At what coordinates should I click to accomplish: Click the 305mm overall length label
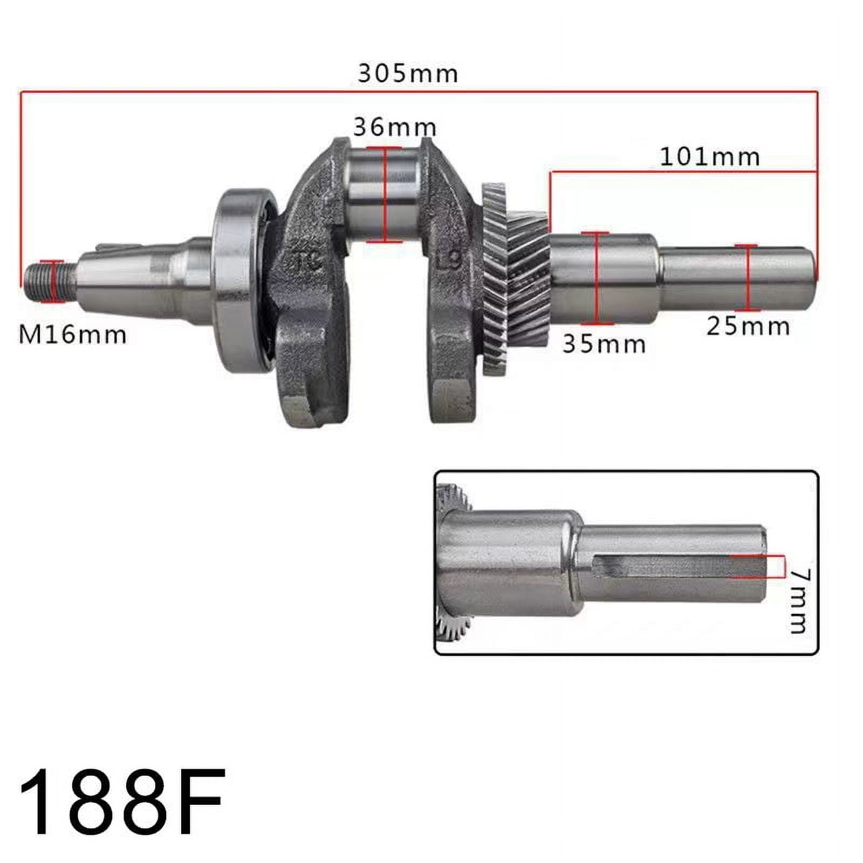click(x=408, y=73)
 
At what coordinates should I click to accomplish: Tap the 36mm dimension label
click(x=395, y=127)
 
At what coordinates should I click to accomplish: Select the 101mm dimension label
click(x=710, y=157)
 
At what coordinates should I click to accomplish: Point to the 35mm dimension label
click(x=604, y=344)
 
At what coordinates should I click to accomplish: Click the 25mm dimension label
click(x=748, y=326)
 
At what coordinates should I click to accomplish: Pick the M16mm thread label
click(x=73, y=335)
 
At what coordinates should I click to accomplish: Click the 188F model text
click(x=122, y=802)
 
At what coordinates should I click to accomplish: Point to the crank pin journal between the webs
click(x=384, y=194)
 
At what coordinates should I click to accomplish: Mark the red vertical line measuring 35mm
click(x=597, y=278)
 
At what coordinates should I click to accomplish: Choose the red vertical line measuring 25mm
click(x=748, y=278)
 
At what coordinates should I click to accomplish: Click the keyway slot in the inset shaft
click(x=663, y=567)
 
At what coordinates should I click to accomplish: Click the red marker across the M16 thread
click(x=53, y=281)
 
